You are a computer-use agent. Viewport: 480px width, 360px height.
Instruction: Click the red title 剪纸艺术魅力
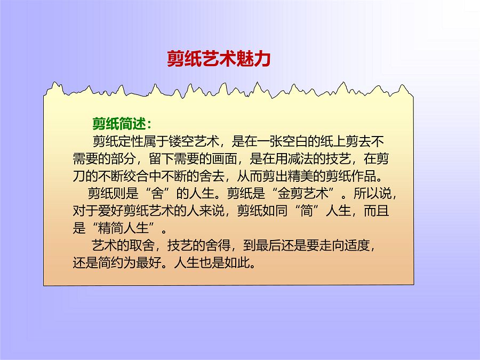coord(219,59)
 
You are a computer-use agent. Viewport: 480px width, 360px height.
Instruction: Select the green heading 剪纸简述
coord(122,124)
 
